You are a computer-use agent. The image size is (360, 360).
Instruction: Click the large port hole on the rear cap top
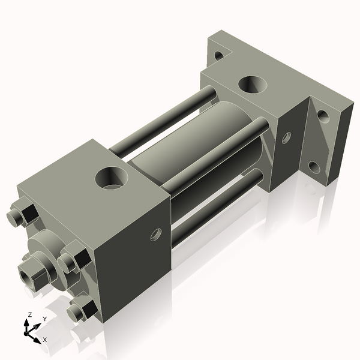click(x=252, y=84)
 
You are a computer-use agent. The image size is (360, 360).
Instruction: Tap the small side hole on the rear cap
click(x=286, y=137)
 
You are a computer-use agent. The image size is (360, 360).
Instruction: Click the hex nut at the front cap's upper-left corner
click(x=22, y=214)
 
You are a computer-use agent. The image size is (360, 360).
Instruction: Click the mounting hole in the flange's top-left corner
click(x=218, y=55)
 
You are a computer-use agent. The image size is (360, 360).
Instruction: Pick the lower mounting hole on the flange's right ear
click(x=314, y=165)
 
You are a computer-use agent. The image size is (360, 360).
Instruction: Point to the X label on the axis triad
click(x=45, y=340)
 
